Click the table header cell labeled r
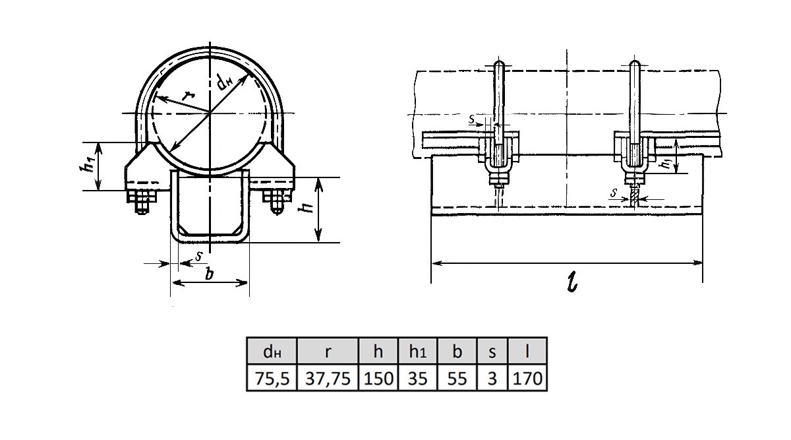(x=328, y=351)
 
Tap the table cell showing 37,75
(x=328, y=378)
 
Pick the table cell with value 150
(x=378, y=378)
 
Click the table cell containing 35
(x=418, y=378)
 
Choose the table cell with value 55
(x=457, y=378)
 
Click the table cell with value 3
(x=492, y=378)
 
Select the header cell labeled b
(x=457, y=351)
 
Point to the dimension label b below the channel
(x=209, y=274)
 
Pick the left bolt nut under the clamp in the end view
(x=142, y=199)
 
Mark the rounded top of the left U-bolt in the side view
(x=499, y=65)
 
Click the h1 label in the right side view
(x=667, y=162)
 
